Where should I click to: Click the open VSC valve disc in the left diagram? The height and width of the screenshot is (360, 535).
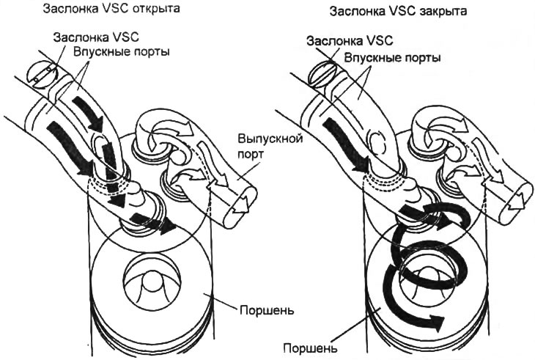tap(41, 73)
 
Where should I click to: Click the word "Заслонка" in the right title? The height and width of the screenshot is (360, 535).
tap(354, 12)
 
